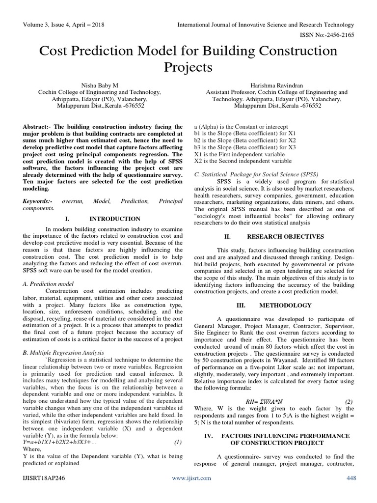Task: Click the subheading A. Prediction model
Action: pos(48,283)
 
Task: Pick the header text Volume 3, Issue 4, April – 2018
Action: pos(63,25)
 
